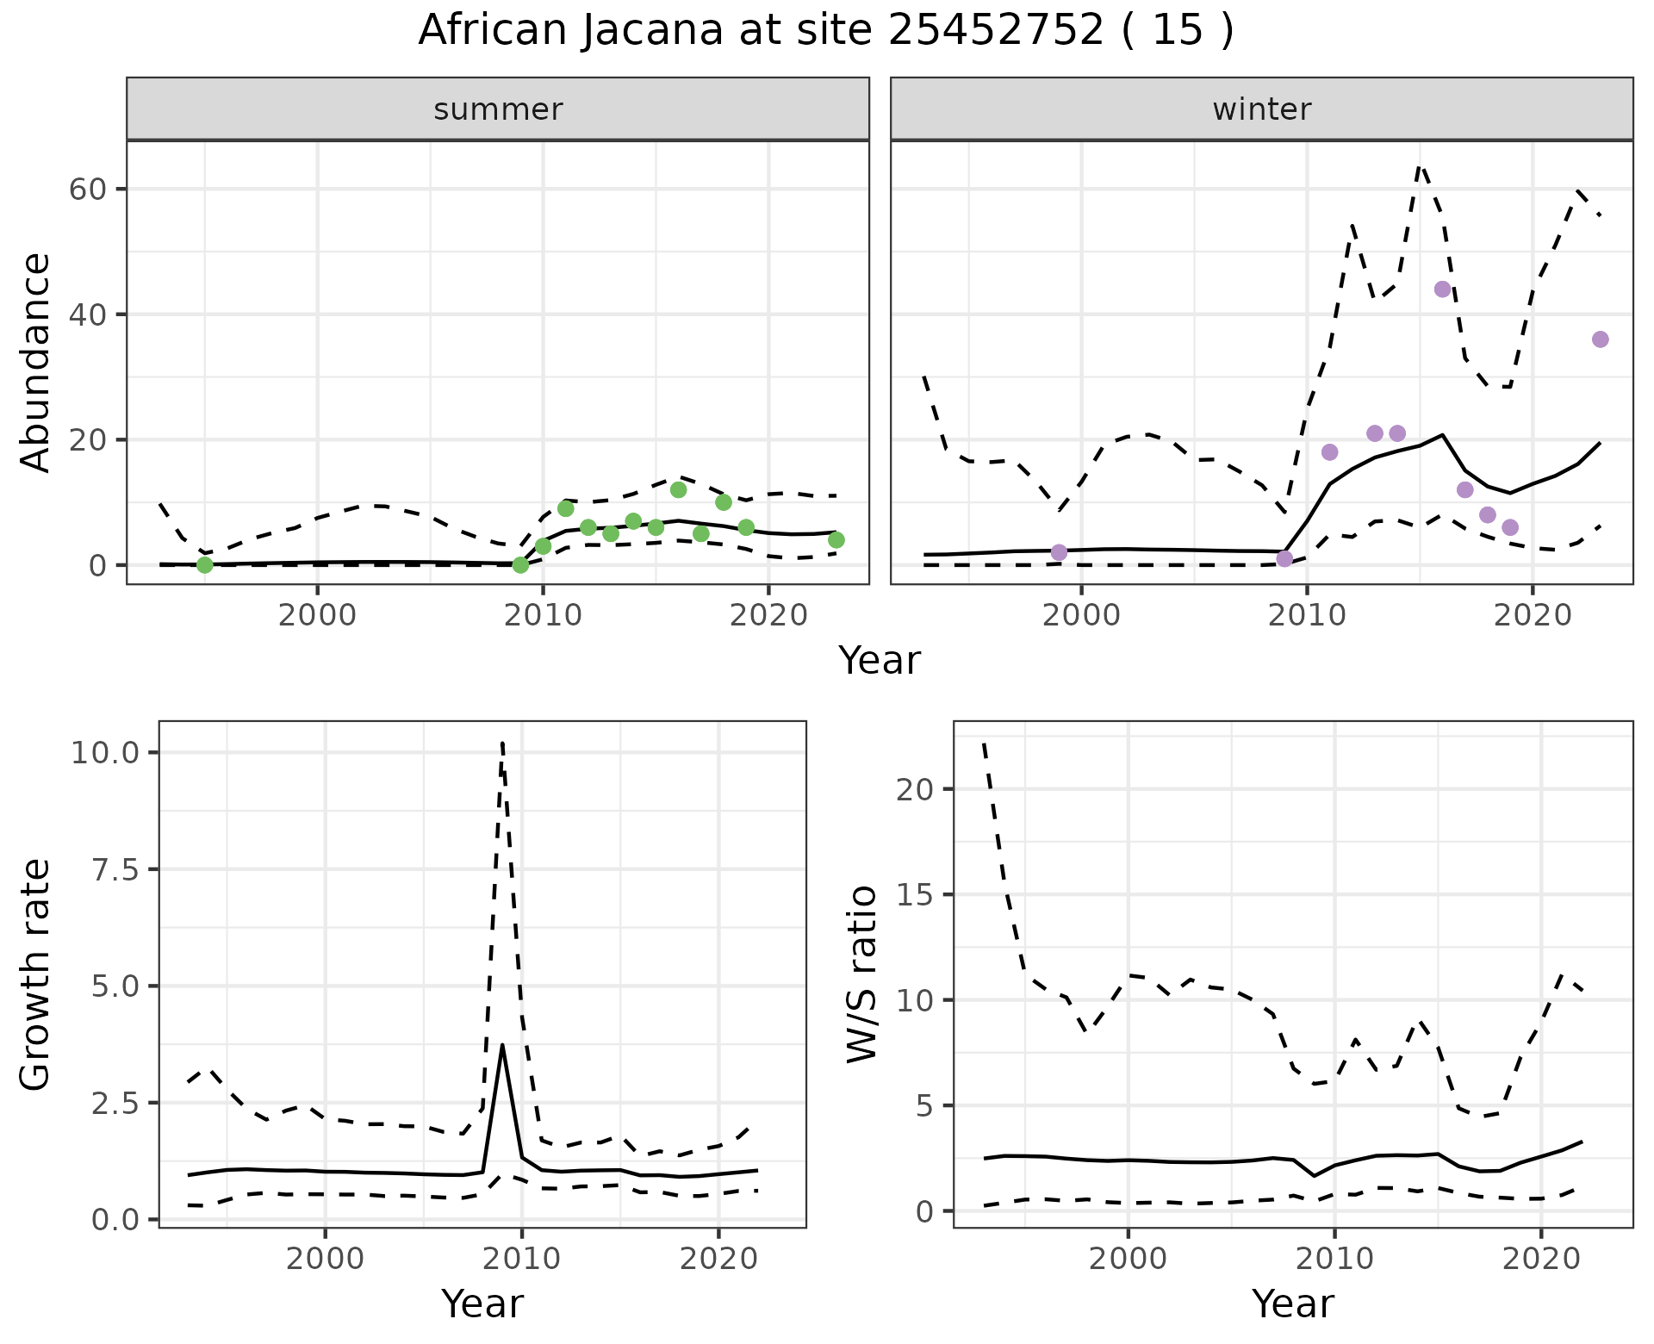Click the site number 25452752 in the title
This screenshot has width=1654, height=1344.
995,31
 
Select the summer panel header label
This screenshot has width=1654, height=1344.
498,109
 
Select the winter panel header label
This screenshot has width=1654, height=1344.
1261,109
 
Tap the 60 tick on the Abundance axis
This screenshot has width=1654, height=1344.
86,190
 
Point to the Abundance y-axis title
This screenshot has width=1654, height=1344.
35,363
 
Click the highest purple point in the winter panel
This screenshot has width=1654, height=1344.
1443,289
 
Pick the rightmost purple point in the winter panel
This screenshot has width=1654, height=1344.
1600,339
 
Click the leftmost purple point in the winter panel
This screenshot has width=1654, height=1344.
1059,552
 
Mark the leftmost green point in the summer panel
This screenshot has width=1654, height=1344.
205,565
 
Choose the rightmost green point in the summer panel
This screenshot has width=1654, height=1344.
836,540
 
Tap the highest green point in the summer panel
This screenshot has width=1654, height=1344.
678,489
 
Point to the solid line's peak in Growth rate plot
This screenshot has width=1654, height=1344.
502,1045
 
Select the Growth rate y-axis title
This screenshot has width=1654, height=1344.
35,974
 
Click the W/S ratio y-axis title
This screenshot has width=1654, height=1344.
862,974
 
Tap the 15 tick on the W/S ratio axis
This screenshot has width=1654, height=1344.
913,894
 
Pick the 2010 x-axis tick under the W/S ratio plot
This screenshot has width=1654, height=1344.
1334,1258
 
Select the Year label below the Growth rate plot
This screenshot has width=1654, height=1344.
482,1304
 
